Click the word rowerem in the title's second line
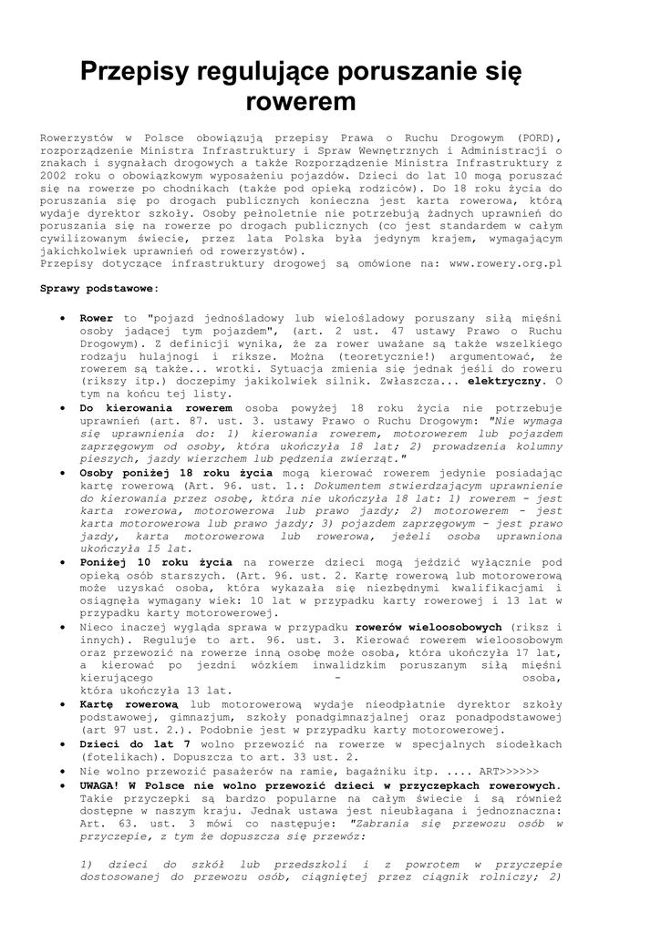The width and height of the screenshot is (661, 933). tap(301, 99)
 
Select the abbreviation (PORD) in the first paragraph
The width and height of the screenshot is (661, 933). tap(539, 137)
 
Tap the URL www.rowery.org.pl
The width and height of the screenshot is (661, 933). tap(506, 262)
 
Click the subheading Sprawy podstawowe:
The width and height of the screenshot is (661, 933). tap(99, 288)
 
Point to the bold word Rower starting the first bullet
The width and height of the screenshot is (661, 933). tap(96, 319)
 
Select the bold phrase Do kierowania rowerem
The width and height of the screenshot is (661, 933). tap(156, 409)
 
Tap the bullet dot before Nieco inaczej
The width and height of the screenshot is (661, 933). tap(60, 628)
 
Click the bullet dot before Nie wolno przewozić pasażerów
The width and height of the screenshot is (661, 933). tap(60, 770)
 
